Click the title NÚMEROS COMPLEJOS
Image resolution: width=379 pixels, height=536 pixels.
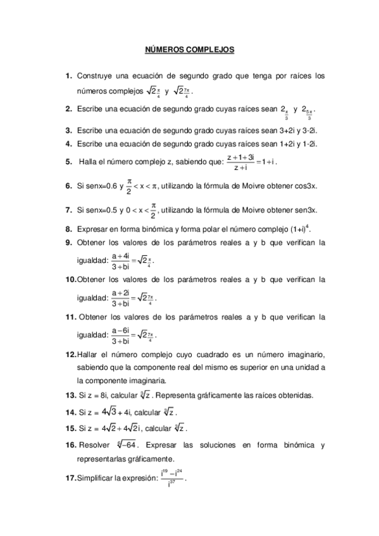(x=190, y=48)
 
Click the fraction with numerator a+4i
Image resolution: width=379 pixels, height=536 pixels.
(x=120, y=261)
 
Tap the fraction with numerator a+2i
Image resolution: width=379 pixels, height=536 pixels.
(x=120, y=298)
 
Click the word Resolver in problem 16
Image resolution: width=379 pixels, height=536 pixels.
(x=94, y=446)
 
